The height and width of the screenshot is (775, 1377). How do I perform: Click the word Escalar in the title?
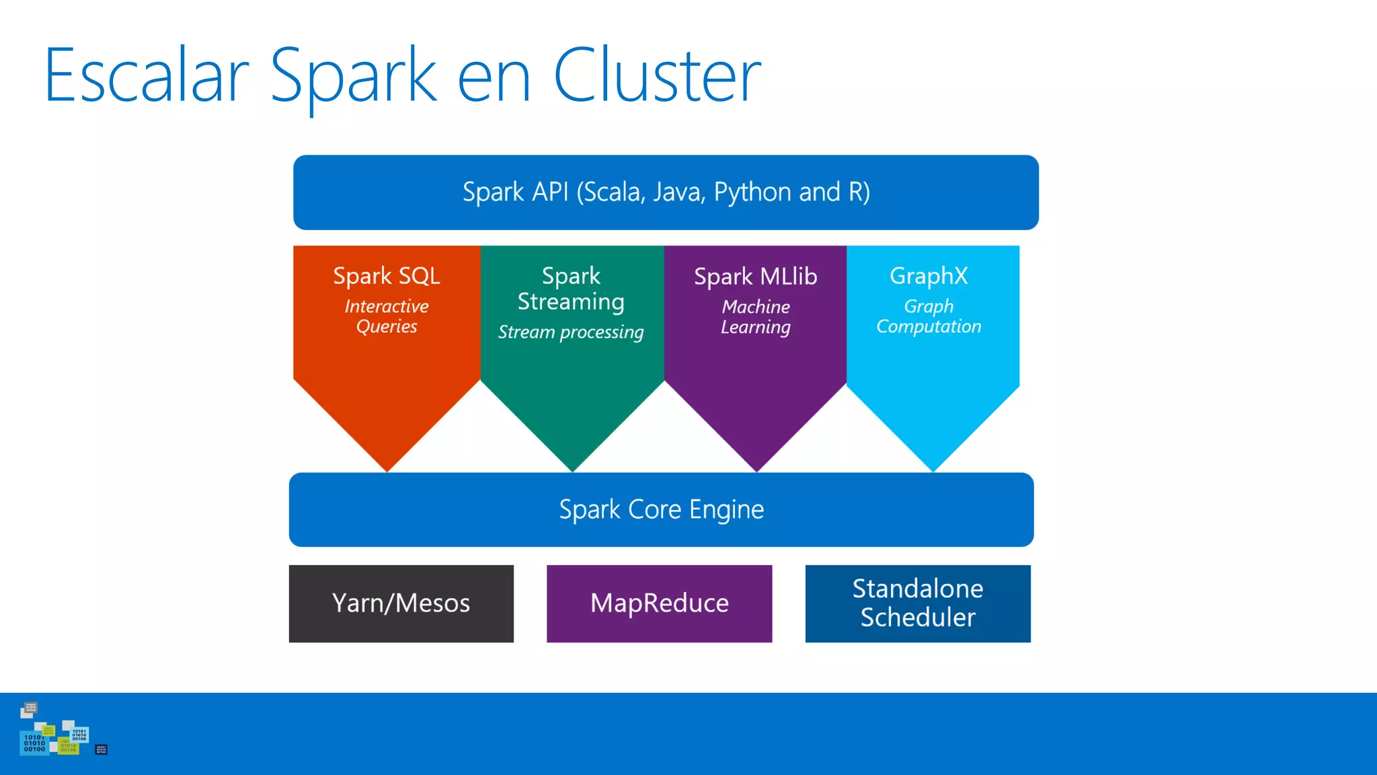(x=147, y=75)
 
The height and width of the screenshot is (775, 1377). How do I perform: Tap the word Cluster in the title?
(x=656, y=75)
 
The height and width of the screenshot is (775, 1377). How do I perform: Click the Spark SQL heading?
(x=387, y=276)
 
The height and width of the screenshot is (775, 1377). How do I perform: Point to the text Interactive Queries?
(x=387, y=316)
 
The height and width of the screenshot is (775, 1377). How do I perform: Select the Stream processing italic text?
(x=571, y=332)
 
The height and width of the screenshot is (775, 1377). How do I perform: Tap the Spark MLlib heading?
(x=755, y=276)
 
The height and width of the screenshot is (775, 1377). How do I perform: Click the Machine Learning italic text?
(x=755, y=317)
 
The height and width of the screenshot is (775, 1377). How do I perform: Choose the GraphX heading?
(x=929, y=276)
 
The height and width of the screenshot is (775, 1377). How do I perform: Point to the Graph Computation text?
(x=929, y=316)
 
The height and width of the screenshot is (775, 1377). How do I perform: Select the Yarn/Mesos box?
(x=401, y=603)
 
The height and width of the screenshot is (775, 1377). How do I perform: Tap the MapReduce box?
(x=659, y=603)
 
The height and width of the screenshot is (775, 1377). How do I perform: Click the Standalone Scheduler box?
(x=918, y=603)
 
